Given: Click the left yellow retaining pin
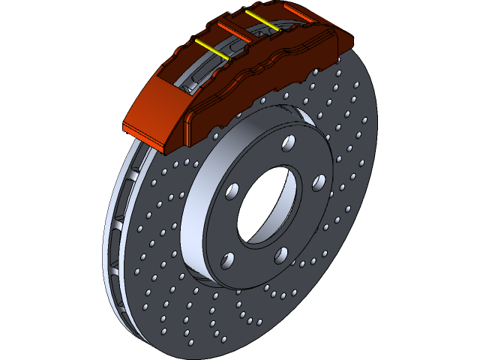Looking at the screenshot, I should click(212, 49).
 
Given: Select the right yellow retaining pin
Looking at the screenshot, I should click(263, 21).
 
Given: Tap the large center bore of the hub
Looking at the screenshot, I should click(259, 208).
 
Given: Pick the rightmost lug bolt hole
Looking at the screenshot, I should click(318, 183).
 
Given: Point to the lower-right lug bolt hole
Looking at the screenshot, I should click(282, 255).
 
